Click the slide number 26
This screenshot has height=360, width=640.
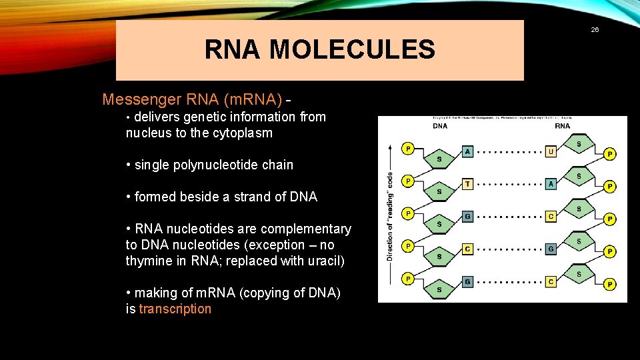[x=595, y=29]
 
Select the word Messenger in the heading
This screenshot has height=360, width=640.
[x=141, y=100]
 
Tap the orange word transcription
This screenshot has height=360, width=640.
[x=175, y=309]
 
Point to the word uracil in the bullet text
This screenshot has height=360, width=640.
[x=323, y=261]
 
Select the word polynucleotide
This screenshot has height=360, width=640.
[x=217, y=165]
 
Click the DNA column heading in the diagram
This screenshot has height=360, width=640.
[x=440, y=125]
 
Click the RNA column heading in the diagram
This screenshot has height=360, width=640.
[x=562, y=125]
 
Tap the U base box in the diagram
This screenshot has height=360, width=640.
[x=551, y=151]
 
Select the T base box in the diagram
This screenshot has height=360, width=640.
[x=467, y=184]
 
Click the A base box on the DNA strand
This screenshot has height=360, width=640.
[x=467, y=151]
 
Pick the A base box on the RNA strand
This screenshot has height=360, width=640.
[x=551, y=184]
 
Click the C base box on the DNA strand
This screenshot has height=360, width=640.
[x=467, y=249]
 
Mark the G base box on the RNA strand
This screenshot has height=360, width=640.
[x=551, y=249]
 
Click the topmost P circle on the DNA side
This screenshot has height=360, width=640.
[x=407, y=148]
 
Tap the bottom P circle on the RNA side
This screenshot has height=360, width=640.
[x=609, y=285]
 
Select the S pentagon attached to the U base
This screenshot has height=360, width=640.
[x=578, y=144]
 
